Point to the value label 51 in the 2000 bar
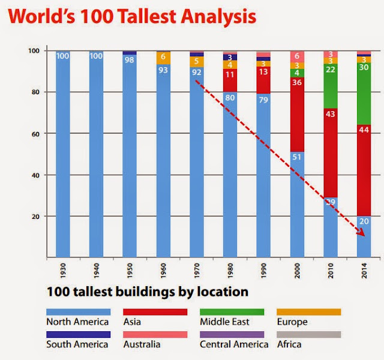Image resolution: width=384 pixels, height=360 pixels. [x=298, y=157]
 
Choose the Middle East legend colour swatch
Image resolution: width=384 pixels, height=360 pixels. [x=232, y=311]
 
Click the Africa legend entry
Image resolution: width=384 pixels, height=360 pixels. [x=289, y=344]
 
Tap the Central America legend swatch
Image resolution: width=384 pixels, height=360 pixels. [x=232, y=334]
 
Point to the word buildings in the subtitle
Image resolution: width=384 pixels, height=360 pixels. [x=145, y=293]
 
